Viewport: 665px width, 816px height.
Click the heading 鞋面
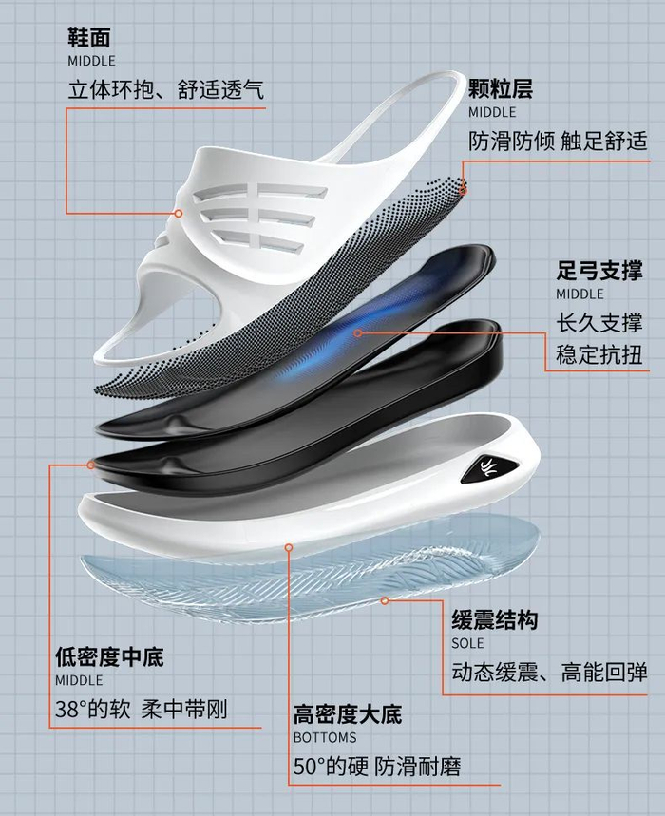tap(89, 38)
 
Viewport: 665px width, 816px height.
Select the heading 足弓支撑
tap(599, 271)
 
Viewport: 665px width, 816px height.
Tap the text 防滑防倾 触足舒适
tap(558, 142)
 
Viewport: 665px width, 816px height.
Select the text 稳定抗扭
tap(599, 356)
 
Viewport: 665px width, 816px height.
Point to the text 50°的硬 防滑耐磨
tap(377, 766)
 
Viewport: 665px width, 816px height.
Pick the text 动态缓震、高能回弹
tap(550, 673)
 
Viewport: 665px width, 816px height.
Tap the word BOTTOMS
tap(325, 737)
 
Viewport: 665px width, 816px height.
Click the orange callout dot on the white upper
tap(177, 214)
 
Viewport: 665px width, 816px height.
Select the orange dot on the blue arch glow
tap(358, 332)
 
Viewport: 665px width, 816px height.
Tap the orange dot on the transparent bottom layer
tap(385, 600)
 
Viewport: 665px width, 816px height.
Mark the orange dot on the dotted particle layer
tap(464, 188)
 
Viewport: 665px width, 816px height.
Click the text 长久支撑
tap(599, 322)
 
